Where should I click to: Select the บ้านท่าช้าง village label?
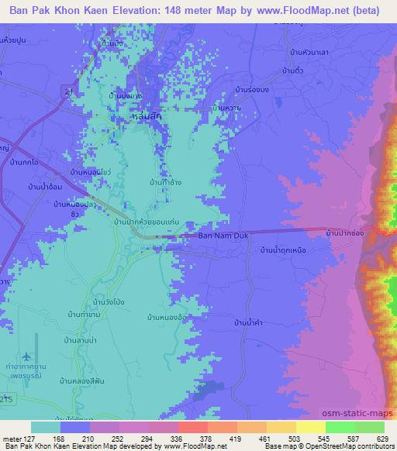pyautogui.click(x=167, y=183)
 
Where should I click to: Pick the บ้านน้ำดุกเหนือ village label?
pyautogui.click(x=287, y=250)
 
